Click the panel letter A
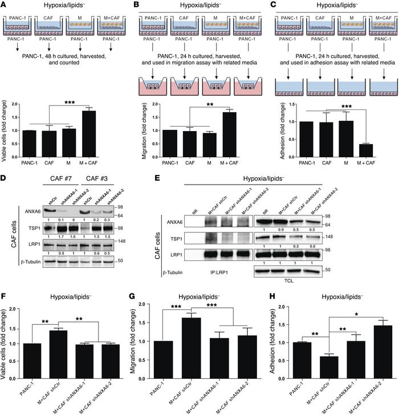[5, 5]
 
